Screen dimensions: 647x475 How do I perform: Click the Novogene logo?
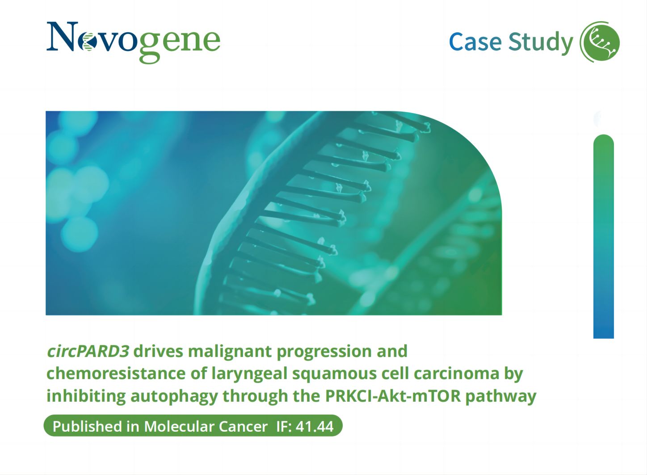tap(134, 42)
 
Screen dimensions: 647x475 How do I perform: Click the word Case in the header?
tap(475, 42)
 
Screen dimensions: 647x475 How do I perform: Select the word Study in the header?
tap(540, 43)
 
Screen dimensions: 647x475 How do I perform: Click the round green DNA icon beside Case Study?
tap(600, 42)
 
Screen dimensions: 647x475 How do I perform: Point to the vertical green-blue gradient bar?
tap(603, 236)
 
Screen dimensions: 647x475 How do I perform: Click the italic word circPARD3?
tap(88, 352)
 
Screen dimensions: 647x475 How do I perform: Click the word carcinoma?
tap(457, 374)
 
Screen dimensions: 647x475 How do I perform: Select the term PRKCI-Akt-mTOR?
tap(393, 396)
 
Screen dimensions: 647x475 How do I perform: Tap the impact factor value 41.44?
tap(315, 427)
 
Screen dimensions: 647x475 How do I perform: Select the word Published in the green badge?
tap(87, 426)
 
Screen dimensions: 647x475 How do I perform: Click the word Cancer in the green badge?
tap(243, 427)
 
